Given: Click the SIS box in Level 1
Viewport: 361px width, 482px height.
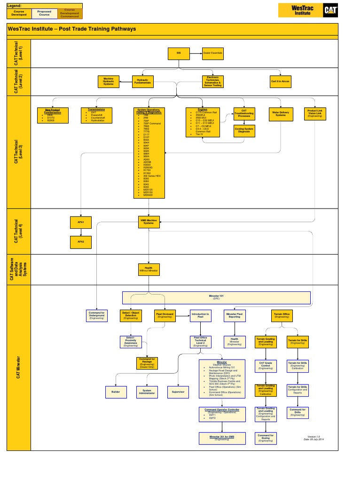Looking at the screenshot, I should click(179, 54).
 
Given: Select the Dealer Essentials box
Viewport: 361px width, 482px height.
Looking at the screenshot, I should click(212, 54).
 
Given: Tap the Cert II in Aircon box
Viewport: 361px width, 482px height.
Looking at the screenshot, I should click(280, 81).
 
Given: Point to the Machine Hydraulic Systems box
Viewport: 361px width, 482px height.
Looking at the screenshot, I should click(109, 81).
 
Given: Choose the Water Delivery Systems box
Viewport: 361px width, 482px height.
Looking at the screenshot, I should click(281, 114).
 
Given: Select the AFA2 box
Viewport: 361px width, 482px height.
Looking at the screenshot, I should click(81, 242).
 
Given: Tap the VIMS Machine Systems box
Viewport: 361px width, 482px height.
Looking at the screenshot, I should click(149, 221).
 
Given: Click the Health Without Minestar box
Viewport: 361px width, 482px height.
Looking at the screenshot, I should click(149, 269).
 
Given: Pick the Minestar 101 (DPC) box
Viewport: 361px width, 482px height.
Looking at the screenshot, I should click(216, 297).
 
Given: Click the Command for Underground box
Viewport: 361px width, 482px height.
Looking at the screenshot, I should click(97, 315).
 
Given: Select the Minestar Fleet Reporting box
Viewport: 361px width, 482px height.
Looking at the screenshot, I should click(235, 315).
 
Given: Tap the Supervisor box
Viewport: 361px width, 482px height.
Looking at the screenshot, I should click(178, 392).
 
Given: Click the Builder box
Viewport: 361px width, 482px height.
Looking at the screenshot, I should click(116, 392).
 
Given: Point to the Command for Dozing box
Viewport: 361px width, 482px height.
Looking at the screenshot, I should click(266, 438).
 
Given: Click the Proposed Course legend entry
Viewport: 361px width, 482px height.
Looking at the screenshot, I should click(45, 13).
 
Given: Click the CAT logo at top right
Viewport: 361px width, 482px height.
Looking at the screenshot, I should click(330, 10).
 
